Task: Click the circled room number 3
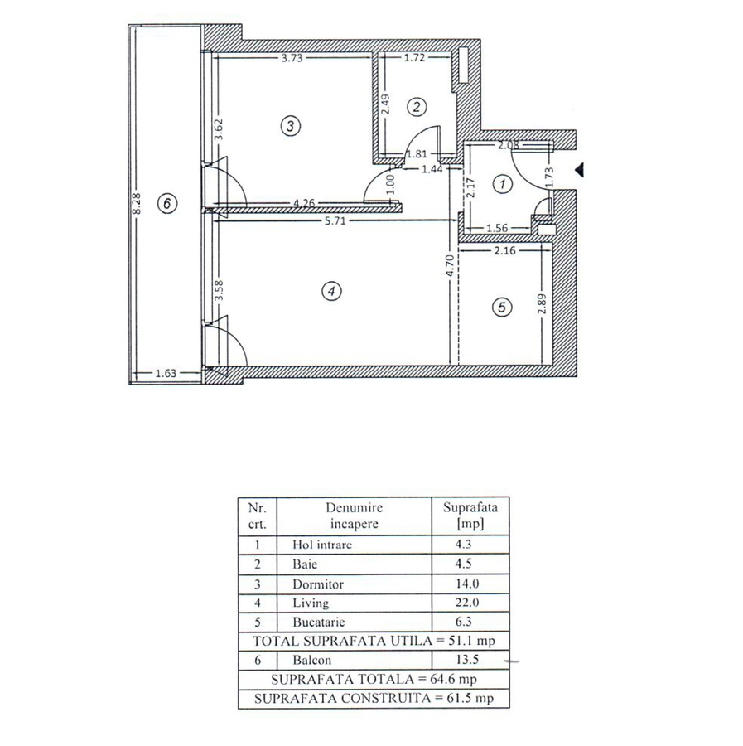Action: [x=291, y=126]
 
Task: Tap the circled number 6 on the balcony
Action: [x=166, y=204]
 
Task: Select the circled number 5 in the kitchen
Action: [x=502, y=307]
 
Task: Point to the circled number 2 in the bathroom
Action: [x=417, y=107]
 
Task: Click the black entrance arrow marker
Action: [x=580, y=170]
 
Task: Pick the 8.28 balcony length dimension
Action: [x=137, y=203]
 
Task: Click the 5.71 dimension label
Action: [x=335, y=220]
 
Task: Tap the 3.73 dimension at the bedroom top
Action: [x=292, y=58]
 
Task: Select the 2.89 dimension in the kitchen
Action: [x=542, y=304]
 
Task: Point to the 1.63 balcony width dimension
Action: [x=166, y=374]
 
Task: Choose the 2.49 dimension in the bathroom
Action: [x=385, y=104]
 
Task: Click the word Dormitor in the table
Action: [x=318, y=584]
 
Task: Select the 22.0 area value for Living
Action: [x=467, y=603]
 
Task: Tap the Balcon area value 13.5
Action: [x=467, y=660]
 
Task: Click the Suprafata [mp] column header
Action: [x=470, y=516]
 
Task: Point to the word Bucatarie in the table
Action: [x=319, y=622]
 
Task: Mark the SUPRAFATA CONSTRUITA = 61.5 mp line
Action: [x=374, y=699]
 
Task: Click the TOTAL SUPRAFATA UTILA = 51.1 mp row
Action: [x=374, y=641]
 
